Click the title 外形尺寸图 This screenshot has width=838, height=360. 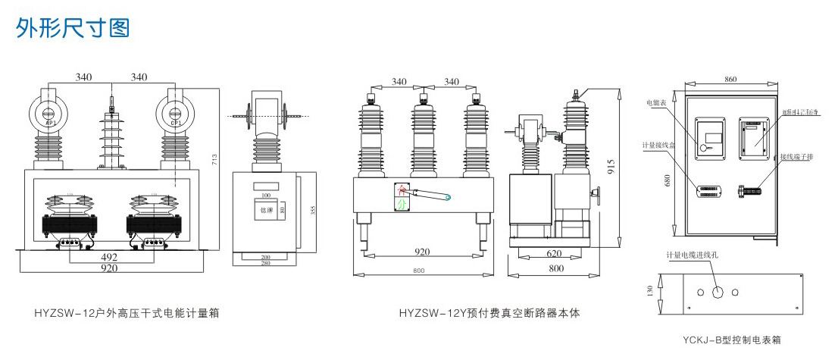(x=73, y=28)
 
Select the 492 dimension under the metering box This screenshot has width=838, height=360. (x=111, y=256)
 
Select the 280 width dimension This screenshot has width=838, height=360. (x=265, y=264)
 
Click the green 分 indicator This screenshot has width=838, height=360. (x=402, y=202)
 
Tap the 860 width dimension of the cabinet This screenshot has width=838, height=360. (x=730, y=79)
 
